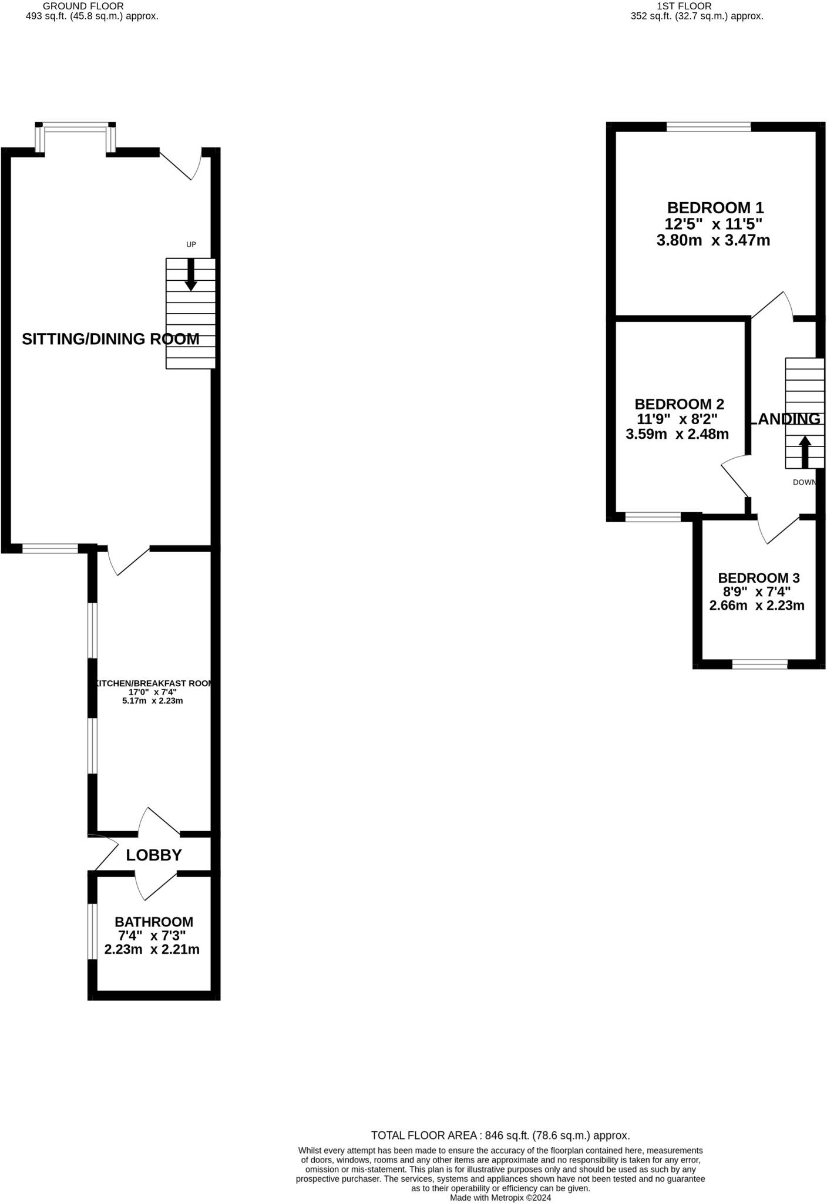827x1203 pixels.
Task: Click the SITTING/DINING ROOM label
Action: pos(110,339)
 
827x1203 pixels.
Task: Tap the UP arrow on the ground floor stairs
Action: pos(191,275)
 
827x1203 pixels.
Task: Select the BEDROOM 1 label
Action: pos(715,207)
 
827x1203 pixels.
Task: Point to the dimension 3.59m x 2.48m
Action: pos(677,434)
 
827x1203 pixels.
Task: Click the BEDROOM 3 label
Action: pos(758,578)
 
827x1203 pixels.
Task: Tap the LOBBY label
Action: pos(154,855)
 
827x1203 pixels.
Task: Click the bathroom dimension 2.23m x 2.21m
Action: pos(152,949)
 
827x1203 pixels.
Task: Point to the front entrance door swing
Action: pos(182,164)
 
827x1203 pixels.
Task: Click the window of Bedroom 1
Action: pos(708,126)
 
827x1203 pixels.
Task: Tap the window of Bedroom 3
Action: pos(759,664)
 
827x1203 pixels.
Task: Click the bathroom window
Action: pos(92,931)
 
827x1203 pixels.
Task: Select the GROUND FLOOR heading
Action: pos(83,6)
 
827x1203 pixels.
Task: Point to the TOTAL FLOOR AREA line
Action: pos(500,1135)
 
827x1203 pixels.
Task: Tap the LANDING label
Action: pos(785,419)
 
